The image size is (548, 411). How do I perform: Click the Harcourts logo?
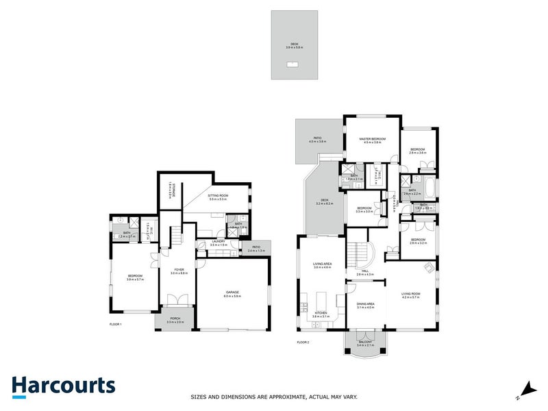tap(63, 386)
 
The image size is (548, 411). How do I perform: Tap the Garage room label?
tap(232, 293)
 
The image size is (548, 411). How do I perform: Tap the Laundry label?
tap(219, 242)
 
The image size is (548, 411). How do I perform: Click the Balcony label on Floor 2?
tap(365, 343)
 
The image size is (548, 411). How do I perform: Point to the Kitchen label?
tap(321, 314)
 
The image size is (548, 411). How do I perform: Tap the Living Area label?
tap(322, 266)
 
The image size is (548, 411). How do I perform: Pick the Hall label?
tap(365, 273)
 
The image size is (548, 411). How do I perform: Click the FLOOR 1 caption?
tap(115, 323)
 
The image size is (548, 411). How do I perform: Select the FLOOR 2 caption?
tap(303, 341)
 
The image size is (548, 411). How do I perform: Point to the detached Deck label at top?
tap(295, 45)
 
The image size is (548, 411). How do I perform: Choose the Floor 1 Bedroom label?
tap(134, 277)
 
